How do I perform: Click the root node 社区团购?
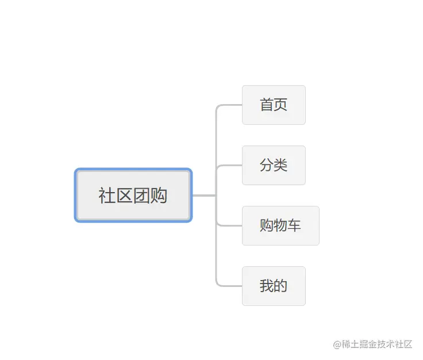[133, 195]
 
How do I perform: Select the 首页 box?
[274, 105]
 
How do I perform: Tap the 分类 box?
[274, 165]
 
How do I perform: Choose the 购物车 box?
[280, 225]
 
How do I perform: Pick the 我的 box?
[274, 286]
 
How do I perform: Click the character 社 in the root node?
[107, 196]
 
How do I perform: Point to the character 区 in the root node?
[124, 196]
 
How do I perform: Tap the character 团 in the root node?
[141, 196]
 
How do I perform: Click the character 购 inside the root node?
[159, 196]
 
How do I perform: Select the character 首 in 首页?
[267, 105]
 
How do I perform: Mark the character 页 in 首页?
[280, 105]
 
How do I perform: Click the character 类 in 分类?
[280, 166]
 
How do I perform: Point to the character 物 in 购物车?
[280, 226]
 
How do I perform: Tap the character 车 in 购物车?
[294, 226]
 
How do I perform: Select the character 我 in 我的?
[267, 286]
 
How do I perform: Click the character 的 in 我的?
[280, 286]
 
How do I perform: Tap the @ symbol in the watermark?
[338, 344]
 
